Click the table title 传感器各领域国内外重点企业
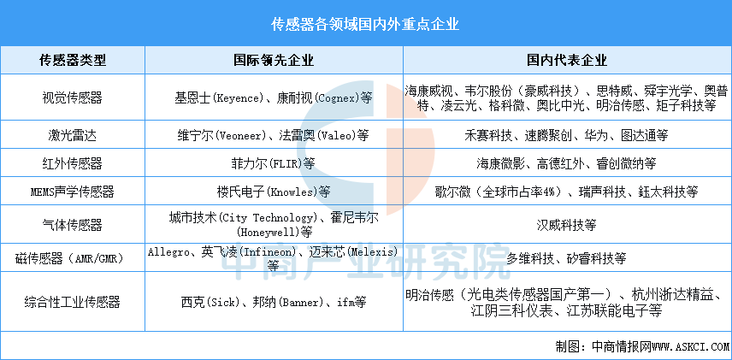click(x=365, y=24)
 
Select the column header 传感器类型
click(x=73, y=60)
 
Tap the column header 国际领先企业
click(x=274, y=60)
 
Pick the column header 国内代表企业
click(x=567, y=60)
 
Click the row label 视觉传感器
click(x=73, y=97)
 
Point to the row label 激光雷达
click(x=73, y=135)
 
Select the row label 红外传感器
click(x=73, y=163)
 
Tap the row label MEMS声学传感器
click(x=73, y=192)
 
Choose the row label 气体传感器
click(x=73, y=225)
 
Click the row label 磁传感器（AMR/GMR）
click(x=73, y=258)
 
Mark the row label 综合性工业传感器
click(x=73, y=302)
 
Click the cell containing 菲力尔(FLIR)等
click(x=274, y=163)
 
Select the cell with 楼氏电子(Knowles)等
click(x=274, y=192)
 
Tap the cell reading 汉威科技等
click(x=567, y=225)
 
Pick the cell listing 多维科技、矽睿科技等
click(x=567, y=258)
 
